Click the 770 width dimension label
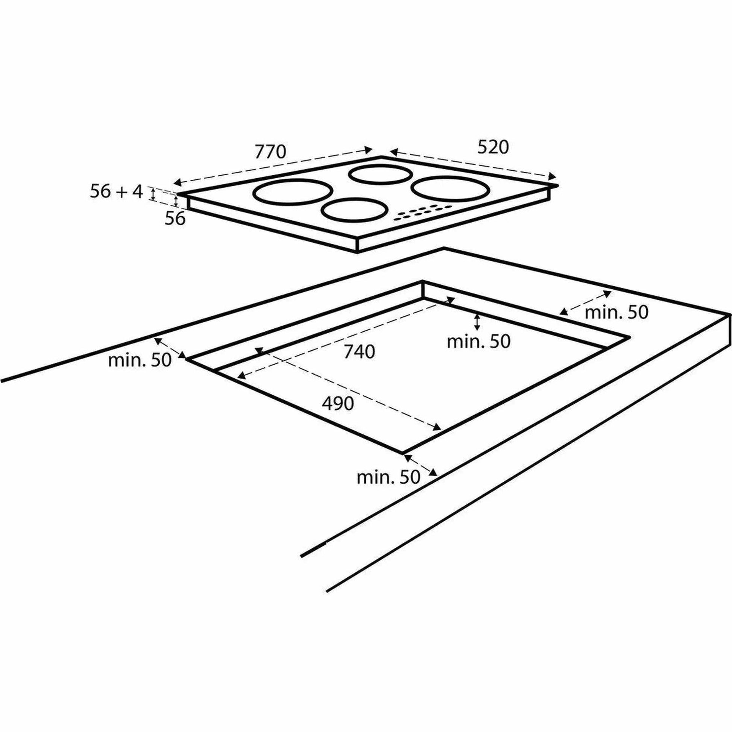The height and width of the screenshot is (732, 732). (x=270, y=152)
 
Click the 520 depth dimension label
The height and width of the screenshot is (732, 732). (x=492, y=147)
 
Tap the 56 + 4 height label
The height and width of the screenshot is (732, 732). (x=116, y=192)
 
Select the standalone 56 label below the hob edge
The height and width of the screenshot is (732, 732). (x=175, y=219)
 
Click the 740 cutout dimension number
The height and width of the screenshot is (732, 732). (x=359, y=352)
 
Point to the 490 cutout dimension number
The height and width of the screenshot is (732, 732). (x=338, y=404)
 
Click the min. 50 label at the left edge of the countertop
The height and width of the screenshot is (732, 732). (x=140, y=360)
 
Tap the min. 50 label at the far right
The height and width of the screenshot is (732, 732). (x=617, y=313)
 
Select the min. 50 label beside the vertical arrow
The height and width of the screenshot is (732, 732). (x=478, y=342)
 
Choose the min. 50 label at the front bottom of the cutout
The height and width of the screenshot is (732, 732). (x=388, y=477)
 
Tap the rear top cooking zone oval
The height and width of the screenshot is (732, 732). (x=380, y=175)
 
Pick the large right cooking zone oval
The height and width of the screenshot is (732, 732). (x=451, y=188)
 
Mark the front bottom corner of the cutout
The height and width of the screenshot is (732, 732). (x=402, y=453)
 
